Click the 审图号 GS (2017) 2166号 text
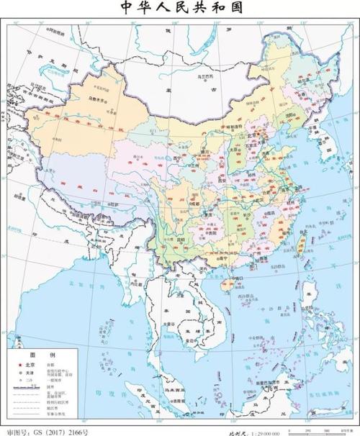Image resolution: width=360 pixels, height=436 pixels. [47, 431]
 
